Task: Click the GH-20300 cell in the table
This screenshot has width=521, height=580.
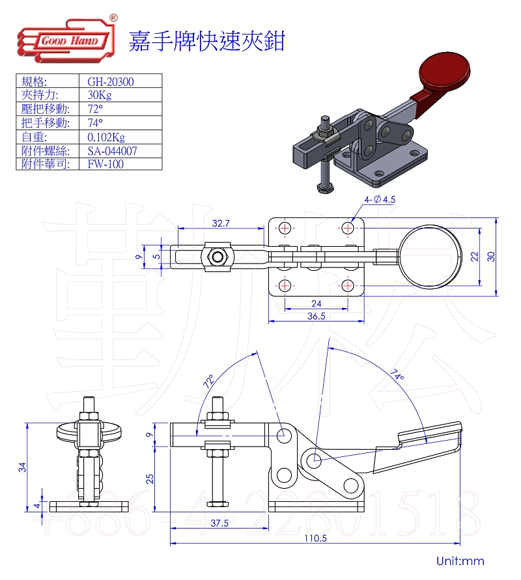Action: tap(106, 81)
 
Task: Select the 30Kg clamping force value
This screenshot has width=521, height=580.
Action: tap(99, 95)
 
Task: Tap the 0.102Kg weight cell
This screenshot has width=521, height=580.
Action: tap(106, 137)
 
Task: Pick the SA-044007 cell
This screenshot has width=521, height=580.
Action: tap(112, 150)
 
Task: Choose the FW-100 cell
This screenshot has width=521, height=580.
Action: tap(105, 164)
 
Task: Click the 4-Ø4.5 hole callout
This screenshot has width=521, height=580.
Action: tap(380, 200)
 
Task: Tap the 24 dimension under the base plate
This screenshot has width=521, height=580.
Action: tap(316, 303)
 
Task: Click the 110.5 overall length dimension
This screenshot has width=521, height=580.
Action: tap(315, 538)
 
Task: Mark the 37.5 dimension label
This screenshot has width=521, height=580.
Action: tap(219, 523)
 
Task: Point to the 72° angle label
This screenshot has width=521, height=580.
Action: tap(208, 381)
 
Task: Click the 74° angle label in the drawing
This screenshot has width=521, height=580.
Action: tap(398, 376)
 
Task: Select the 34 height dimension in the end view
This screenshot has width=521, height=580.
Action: tap(21, 466)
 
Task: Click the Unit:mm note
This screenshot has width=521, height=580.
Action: tap(460, 560)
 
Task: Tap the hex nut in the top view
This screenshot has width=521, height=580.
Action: tap(217, 256)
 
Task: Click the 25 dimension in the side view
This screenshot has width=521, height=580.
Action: tap(150, 478)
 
